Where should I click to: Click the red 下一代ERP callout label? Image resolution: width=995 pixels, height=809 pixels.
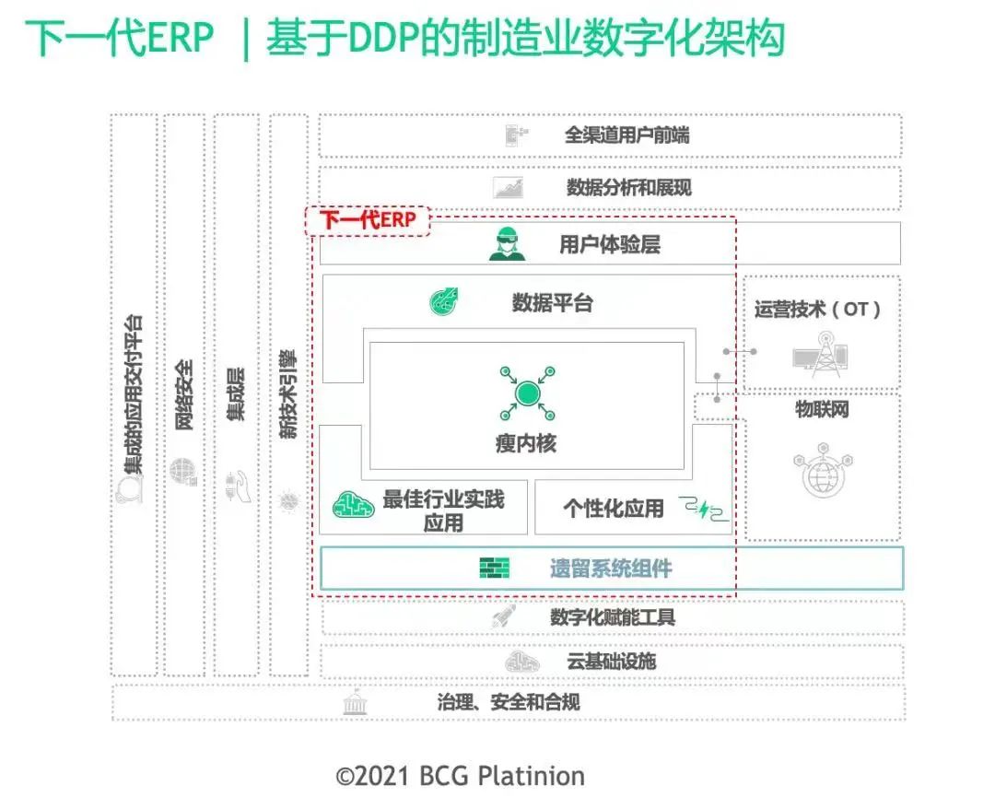click(368, 220)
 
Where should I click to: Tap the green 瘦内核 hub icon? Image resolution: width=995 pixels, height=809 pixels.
click(526, 393)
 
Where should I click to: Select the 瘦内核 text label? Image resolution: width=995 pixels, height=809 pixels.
click(526, 443)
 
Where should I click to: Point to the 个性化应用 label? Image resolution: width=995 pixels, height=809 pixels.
click(613, 508)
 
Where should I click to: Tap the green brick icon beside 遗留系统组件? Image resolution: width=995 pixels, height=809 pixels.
click(495, 569)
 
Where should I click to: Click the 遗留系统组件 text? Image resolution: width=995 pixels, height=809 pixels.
click(611, 569)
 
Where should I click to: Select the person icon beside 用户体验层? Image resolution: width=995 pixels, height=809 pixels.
click(507, 244)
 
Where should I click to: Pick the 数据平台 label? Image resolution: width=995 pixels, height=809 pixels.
click(553, 302)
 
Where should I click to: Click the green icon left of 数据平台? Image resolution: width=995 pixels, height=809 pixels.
click(445, 301)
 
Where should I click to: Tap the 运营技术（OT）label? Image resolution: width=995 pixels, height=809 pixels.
click(818, 310)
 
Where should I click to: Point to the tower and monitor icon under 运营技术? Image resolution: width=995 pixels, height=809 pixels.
click(819, 355)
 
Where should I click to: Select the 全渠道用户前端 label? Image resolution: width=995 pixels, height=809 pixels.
click(626, 135)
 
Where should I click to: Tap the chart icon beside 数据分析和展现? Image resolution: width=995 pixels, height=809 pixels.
click(509, 188)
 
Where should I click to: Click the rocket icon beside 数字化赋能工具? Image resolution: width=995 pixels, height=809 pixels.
click(504, 617)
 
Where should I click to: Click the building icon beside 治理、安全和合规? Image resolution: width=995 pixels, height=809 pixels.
click(353, 703)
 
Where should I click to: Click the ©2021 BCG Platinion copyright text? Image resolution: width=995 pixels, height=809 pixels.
click(460, 776)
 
